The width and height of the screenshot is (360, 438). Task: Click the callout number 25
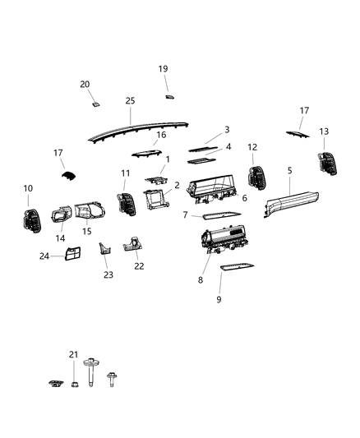[130, 100]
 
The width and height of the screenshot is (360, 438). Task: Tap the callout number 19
[163, 69]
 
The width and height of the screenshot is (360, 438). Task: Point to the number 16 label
[161, 135]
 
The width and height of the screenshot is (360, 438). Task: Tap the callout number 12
[252, 147]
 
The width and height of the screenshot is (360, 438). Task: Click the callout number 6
[243, 199]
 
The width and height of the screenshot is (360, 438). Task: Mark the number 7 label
[186, 215]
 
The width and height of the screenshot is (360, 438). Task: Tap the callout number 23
[107, 275]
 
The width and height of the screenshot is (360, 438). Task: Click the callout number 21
[73, 354]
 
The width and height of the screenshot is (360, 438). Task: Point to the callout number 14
[59, 239]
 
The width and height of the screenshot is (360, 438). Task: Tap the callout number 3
[227, 130]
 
